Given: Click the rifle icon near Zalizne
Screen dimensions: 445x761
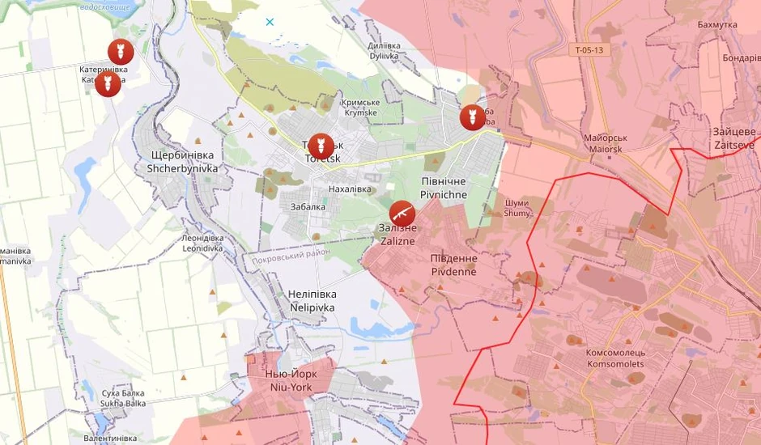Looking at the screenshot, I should tap(402, 213).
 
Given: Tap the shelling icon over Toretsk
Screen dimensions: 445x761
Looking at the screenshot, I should tap(321, 146).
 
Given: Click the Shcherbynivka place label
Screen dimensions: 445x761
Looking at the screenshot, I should tap(182, 162).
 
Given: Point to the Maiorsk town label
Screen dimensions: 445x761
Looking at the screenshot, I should tap(606, 143).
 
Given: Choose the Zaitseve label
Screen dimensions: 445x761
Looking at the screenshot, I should tap(734, 138).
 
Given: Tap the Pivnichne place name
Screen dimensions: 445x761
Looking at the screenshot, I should tap(444, 189).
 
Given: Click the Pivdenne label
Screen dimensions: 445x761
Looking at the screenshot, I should tap(453, 265).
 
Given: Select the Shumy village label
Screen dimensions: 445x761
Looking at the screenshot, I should tap(517, 208).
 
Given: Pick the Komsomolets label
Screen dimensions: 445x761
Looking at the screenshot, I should tap(615, 358).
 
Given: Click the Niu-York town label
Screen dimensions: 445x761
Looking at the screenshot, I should tap(289, 380).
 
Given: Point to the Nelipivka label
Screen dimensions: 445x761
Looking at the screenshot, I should tap(312, 301).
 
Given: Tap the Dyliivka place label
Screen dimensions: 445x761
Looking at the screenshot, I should tap(384, 51).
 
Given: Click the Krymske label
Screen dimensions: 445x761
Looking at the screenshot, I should tap(360, 108).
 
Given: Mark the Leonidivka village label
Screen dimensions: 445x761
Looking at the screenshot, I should tap(202, 244).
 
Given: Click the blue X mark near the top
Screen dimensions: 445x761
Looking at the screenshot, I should tap(270, 22).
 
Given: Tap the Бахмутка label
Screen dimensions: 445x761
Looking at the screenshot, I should tap(717, 25).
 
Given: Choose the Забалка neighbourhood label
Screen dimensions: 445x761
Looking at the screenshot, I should tap(308, 206).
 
